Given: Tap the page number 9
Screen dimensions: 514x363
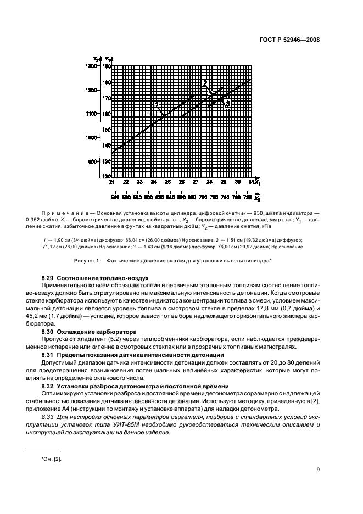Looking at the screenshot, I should (x=319, y=470).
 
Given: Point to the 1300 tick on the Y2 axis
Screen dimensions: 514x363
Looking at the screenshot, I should (x=91, y=66).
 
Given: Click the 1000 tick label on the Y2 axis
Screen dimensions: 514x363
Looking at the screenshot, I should (x=91, y=138).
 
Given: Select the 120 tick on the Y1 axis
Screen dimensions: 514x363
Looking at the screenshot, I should (x=105, y=176).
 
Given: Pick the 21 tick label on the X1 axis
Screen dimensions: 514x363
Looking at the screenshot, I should (x=112, y=182).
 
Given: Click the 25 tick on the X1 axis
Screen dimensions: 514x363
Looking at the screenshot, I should (x=167, y=182).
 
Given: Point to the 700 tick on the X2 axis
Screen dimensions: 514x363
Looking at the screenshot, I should (x=203, y=197).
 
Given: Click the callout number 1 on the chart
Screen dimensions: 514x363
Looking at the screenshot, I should (x=157, y=103).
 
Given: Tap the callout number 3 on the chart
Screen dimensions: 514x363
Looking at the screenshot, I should (x=227, y=103).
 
